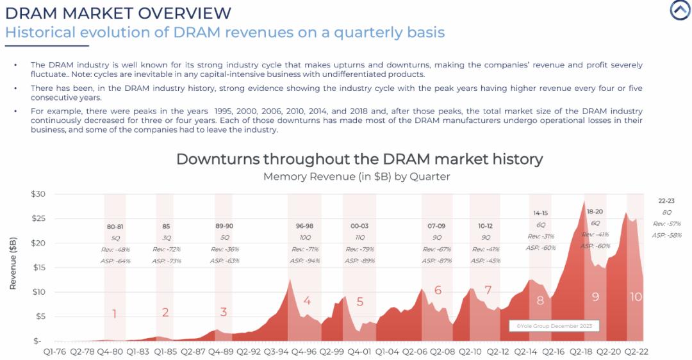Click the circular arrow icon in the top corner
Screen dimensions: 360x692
pos(680,10)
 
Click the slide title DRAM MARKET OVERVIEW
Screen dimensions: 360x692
pos(118,12)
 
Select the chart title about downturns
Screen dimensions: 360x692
pos(359,159)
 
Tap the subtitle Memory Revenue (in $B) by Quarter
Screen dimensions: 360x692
pos(357,176)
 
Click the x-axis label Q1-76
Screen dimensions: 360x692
pos(56,352)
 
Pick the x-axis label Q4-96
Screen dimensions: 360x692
pos(304,352)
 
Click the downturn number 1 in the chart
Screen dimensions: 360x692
pos(114,314)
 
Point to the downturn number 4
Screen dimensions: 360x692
pos(308,300)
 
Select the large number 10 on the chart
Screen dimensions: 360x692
pos(636,297)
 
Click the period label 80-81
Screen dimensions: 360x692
pos(115,226)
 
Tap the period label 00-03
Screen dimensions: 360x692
pos(359,226)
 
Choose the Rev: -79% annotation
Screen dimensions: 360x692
pos(359,249)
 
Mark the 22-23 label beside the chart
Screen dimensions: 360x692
pos(666,200)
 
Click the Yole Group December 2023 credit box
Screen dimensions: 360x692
pos(554,326)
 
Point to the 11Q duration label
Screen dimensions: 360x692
pos(359,238)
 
